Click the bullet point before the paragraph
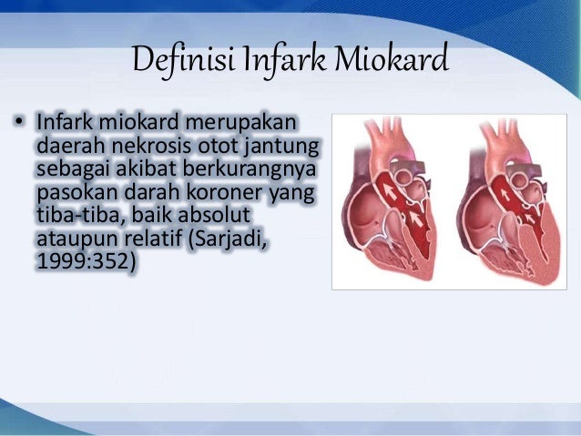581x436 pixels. point(19,123)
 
